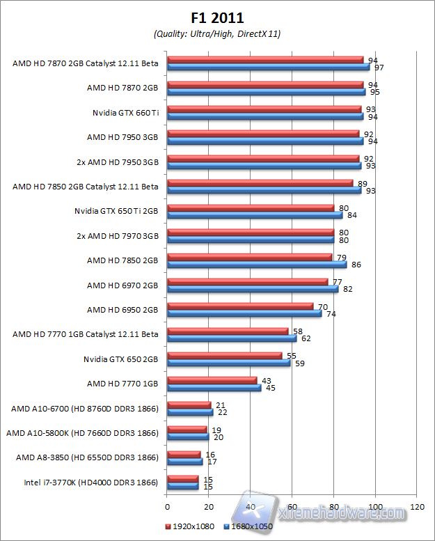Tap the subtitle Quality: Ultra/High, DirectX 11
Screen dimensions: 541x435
tap(217, 33)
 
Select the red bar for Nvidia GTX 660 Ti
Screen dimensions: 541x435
tap(264, 109)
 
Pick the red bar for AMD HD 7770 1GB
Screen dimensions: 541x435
tap(212, 380)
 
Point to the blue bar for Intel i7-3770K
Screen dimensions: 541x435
tap(183, 486)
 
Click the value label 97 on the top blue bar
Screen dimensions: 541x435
tap(379, 68)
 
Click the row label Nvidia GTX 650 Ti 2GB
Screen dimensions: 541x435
tap(116, 211)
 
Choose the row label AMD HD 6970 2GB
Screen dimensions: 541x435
tap(122, 285)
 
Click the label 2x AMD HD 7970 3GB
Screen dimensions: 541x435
tap(118, 236)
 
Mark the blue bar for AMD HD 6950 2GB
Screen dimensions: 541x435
tap(244, 314)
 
